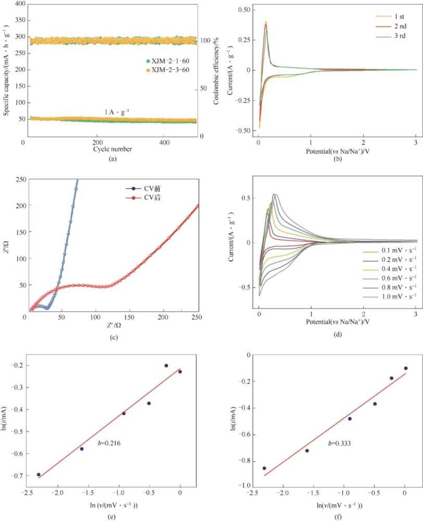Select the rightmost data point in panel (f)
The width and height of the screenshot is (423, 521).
click(405, 368)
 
